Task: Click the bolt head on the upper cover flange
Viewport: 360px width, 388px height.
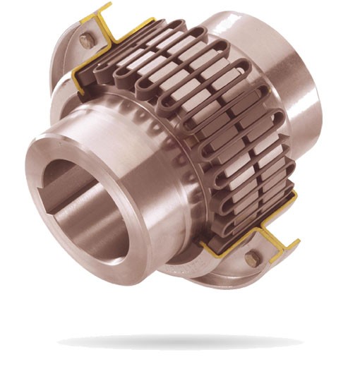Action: [87, 42]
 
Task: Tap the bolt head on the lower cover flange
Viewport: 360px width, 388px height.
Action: [251, 259]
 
